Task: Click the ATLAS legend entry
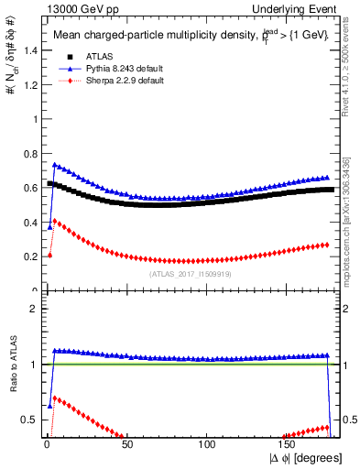tap(98, 57)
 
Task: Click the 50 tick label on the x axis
tap(127, 446)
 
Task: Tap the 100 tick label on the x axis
tap(208, 446)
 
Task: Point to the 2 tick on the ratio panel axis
tap(32, 309)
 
